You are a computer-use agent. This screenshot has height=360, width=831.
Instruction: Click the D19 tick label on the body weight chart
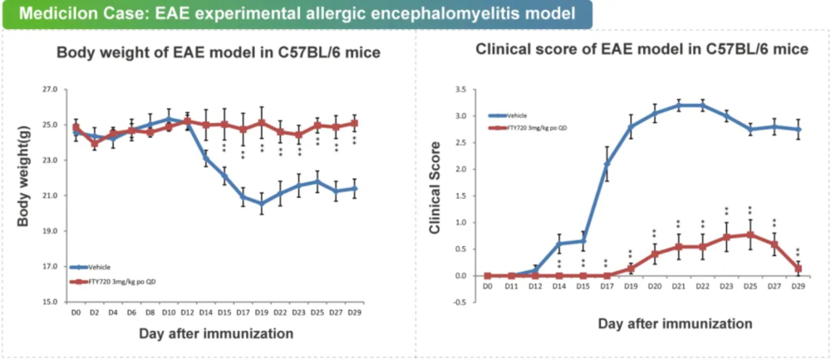(262, 312)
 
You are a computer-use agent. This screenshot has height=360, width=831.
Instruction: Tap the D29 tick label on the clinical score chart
(799, 285)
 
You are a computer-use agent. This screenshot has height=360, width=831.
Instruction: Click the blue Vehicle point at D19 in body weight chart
(262, 203)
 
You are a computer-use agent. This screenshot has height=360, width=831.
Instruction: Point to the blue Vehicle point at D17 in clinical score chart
(607, 165)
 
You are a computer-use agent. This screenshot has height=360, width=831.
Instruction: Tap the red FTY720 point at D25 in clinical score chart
(751, 234)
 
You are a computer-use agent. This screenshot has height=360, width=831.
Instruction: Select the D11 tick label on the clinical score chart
(511, 285)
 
